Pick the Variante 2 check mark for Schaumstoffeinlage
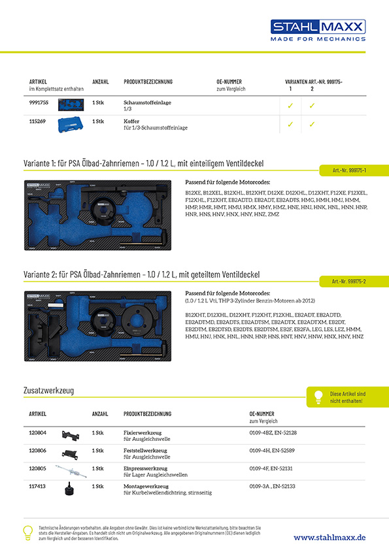(x=312, y=105)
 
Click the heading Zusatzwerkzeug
(x=48, y=390)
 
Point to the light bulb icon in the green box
(x=318, y=397)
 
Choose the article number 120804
(x=38, y=432)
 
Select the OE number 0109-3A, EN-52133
(x=273, y=486)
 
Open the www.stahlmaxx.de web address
(x=330, y=537)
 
